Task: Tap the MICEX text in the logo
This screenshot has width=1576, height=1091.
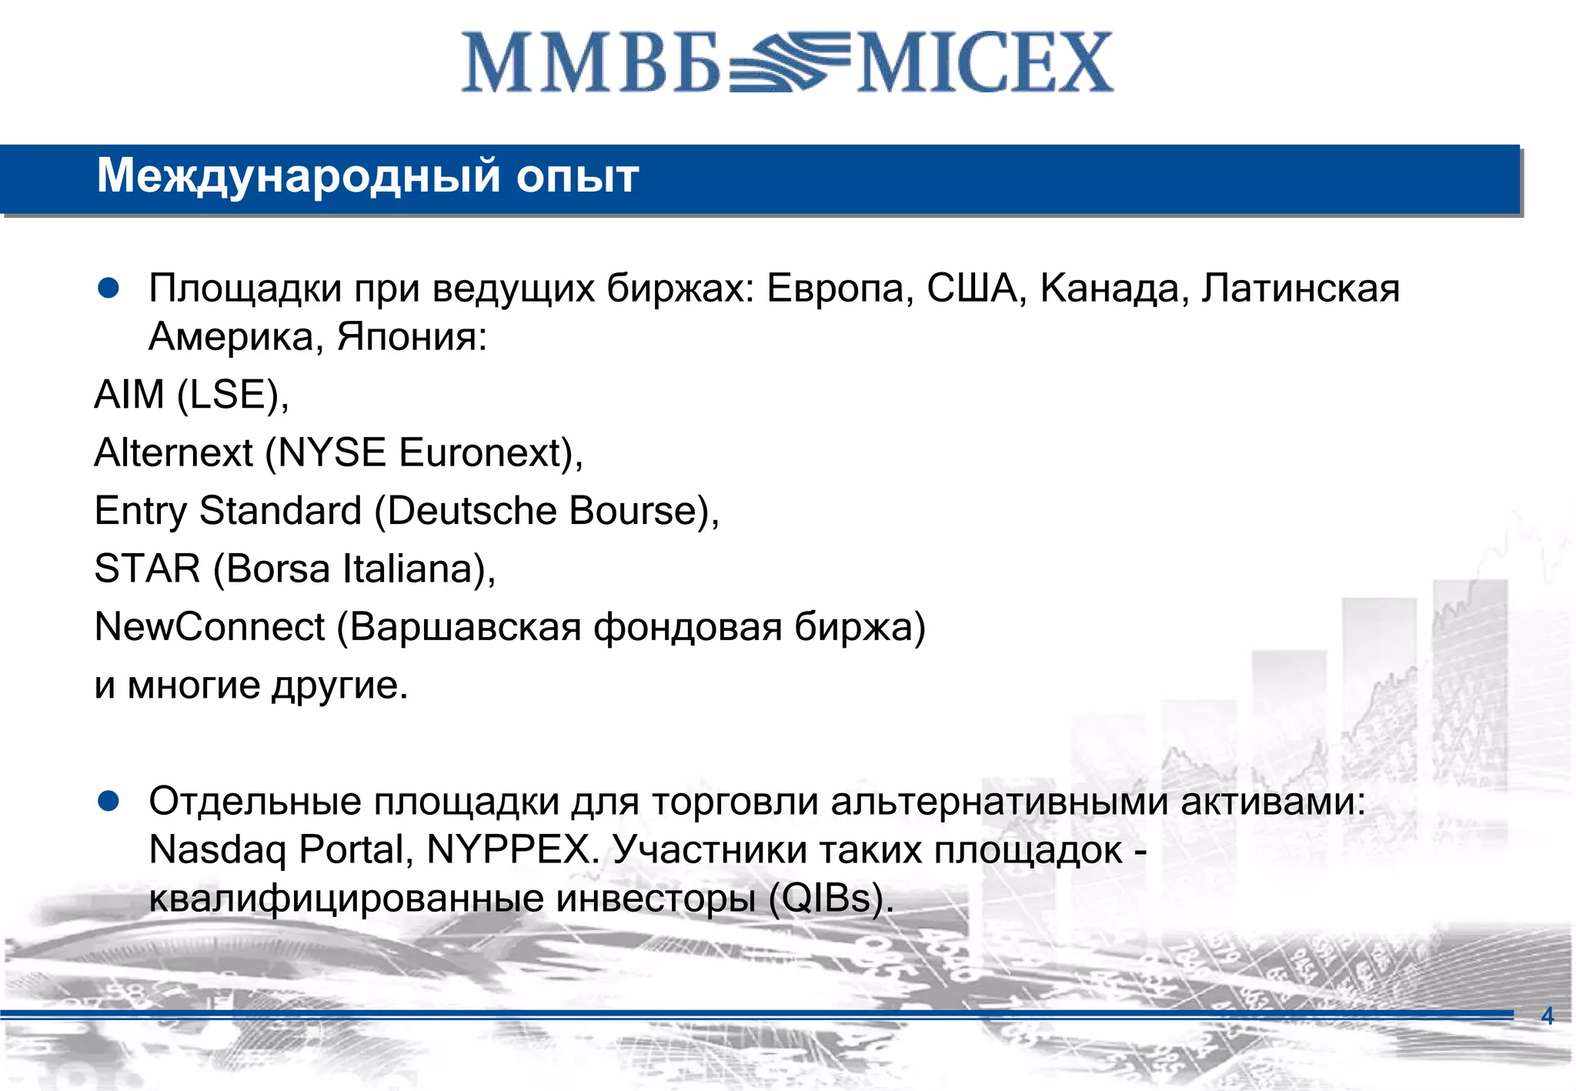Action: (x=985, y=63)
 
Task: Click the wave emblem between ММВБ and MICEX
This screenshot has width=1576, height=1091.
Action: (x=789, y=63)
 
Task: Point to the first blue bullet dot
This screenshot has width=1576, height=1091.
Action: (x=109, y=289)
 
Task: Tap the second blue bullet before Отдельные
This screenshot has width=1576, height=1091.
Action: (x=109, y=802)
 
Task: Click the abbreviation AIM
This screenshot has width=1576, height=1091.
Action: (x=129, y=395)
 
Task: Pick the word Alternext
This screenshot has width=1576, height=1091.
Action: (x=173, y=452)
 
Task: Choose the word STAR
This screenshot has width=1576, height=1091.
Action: (x=147, y=569)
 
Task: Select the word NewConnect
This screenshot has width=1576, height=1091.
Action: (x=209, y=626)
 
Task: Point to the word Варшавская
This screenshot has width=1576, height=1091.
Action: (x=466, y=626)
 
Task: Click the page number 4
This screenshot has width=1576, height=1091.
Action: (x=1548, y=1016)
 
